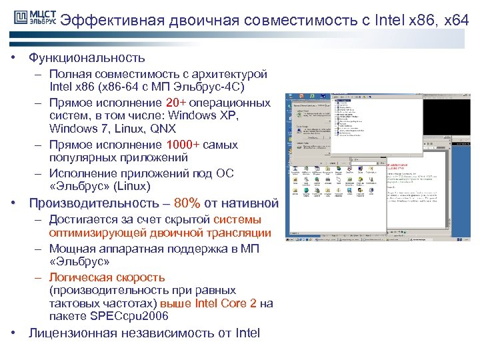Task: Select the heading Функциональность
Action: [x=87, y=58]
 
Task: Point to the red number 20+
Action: [x=176, y=103]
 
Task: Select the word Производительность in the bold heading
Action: [x=93, y=203]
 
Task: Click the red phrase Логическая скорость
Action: [x=107, y=277]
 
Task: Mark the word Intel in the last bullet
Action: [x=247, y=333]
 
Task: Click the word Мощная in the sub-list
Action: [x=69, y=249]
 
